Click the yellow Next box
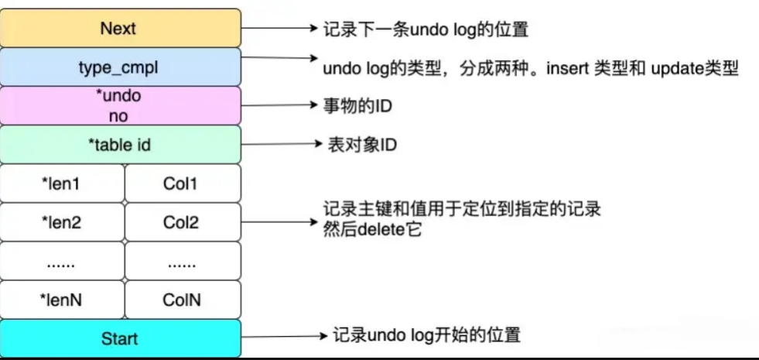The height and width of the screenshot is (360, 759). click(121, 28)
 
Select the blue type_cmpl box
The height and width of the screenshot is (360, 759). click(121, 67)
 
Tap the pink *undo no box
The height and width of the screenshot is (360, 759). click(121, 105)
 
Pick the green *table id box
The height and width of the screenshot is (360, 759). click(121, 145)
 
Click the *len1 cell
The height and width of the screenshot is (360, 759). click(63, 183)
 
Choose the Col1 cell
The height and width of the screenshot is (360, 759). click(183, 183)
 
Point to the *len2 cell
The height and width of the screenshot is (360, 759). click(63, 222)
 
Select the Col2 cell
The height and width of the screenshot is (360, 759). click(183, 222)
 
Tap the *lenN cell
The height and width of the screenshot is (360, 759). click(63, 300)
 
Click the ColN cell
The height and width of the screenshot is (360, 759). click(183, 300)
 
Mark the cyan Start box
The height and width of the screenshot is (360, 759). click(121, 338)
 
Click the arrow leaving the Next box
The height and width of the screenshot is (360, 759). click(279, 28)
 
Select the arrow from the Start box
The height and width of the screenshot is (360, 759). click(284, 336)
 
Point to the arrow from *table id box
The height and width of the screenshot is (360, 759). click(282, 144)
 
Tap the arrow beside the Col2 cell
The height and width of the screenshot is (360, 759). click(279, 222)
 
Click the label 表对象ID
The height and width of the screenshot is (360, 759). click(362, 145)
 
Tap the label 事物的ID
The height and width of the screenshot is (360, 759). click(357, 105)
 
